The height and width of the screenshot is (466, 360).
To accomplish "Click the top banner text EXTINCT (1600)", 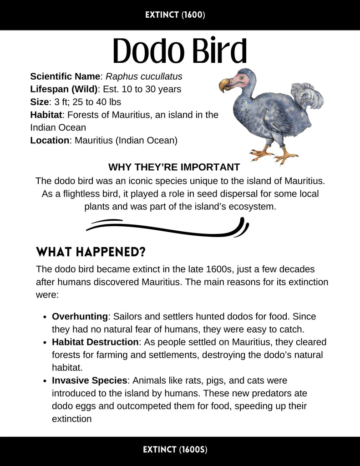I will (x=175, y=15).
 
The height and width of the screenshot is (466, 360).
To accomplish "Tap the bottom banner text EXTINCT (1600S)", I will (x=175, y=450).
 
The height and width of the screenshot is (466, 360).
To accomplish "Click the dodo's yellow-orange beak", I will (x=225, y=85).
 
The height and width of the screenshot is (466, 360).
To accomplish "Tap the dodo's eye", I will (x=241, y=78).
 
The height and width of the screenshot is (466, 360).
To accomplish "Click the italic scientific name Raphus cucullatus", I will (x=144, y=76).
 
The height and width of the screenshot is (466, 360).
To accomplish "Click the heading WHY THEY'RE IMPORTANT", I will (x=174, y=167).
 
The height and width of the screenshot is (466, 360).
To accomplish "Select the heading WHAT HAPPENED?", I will (x=91, y=252).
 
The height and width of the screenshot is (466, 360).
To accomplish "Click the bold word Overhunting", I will (x=80, y=316).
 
